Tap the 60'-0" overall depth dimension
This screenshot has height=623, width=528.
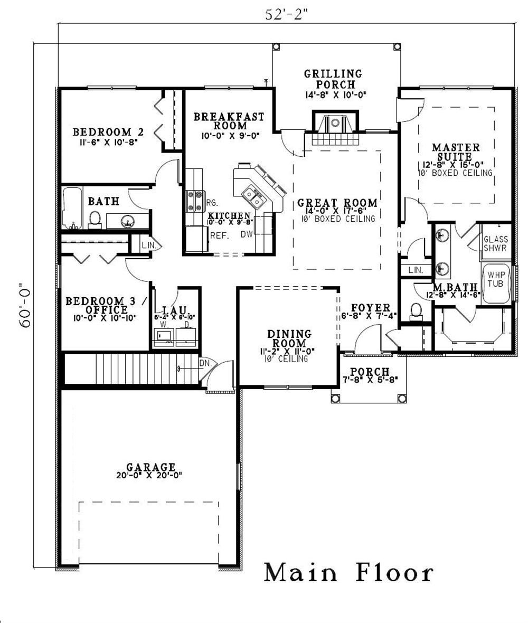click(25, 305)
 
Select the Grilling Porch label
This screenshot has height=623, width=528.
click(334, 79)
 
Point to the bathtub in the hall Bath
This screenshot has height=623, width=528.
click(72, 208)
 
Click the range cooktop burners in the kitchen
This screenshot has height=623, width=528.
click(195, 201)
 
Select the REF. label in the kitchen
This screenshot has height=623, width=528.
click(220, 235)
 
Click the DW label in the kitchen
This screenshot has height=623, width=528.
click(247, 234)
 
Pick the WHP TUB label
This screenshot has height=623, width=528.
click(496, 279)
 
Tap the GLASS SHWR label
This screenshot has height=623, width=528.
click(495, 243)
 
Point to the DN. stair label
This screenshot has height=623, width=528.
click(205, 363)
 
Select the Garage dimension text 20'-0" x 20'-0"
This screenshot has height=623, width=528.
click(149, 475)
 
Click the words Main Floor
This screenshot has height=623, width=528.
click(349, 572)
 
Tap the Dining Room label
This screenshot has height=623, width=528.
click(289, 338)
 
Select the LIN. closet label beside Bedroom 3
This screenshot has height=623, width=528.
click(149, 246)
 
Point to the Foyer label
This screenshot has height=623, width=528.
click(370, 308)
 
